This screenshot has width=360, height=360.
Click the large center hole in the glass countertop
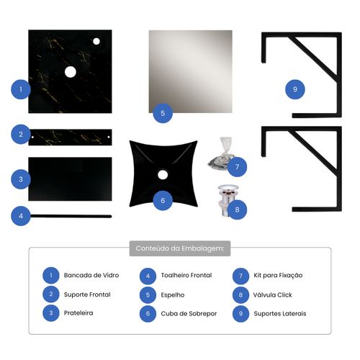pos(71,72)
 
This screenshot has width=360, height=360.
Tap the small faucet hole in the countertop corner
pos(96,42)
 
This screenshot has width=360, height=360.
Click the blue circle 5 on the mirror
pos(163,113)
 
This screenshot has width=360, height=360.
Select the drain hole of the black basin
pos(163,175)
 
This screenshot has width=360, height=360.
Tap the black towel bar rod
pos(71,217)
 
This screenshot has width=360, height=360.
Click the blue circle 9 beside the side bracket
pos(295,89)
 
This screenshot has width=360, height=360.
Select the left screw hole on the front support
pos(32,138)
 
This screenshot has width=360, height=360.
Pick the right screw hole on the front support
pos(109,137)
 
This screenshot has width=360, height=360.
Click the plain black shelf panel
pos(70,179)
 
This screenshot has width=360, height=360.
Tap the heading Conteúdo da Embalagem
pos(180,248)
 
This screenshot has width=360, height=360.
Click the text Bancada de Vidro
pos(91,275)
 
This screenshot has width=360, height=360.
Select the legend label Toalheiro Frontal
pos(186,275)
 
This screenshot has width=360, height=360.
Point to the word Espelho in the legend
pos(173,295)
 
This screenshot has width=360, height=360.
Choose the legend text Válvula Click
pos(273,294)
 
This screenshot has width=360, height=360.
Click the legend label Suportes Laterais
pos(280,314)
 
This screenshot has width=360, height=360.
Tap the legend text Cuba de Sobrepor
pos(189,314)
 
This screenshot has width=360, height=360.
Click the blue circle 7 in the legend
pos(240,276)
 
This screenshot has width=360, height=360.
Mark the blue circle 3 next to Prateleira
pos(51,313)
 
